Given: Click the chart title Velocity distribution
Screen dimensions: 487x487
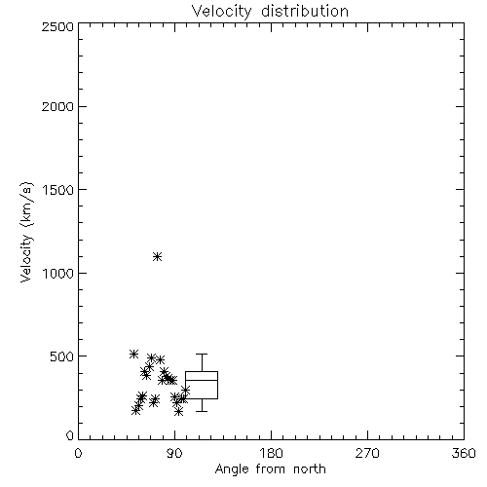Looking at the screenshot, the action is click(x=270, y=12).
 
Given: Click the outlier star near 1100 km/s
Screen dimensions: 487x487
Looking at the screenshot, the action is click(x=158, y=257).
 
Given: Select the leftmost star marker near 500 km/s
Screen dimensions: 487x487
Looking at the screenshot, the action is click(x=133, y=354).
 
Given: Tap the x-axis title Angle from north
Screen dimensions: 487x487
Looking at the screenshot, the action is click(x=270, y=468).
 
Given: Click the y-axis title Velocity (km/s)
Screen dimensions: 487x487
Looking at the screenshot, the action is click(x=26, y=233).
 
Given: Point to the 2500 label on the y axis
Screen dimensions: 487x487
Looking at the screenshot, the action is click(x=57, y=26).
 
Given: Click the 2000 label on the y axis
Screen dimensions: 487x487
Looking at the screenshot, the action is click(x=57, y=106).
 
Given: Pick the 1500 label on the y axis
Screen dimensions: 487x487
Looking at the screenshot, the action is click(x=58, y=190).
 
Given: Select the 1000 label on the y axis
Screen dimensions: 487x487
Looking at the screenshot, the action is click(x=58, y=273).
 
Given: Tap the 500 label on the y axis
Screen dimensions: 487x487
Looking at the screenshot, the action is click(x=62, y=356).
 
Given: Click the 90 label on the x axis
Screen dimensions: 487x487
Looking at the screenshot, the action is click(x=174, y=453).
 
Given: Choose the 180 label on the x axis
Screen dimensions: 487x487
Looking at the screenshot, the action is click(x=271, y=453).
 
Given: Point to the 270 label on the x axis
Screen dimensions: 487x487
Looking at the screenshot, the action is click(x=367, y=453).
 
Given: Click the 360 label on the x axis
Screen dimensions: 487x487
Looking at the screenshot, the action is click(x=464, y=453).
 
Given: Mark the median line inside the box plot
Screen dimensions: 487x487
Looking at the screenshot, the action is click(x=202, y=380).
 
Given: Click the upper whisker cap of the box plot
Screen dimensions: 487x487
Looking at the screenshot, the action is click(x=202, y=354).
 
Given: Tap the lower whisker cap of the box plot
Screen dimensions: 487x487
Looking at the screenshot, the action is click(x=202, y=411).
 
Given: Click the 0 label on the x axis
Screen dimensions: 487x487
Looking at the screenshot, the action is click(x=78, y=453).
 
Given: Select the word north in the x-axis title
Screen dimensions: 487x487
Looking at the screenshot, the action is click(x=310, y=468).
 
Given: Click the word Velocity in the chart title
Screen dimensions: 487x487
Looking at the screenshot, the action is click(x=221, y=12).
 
